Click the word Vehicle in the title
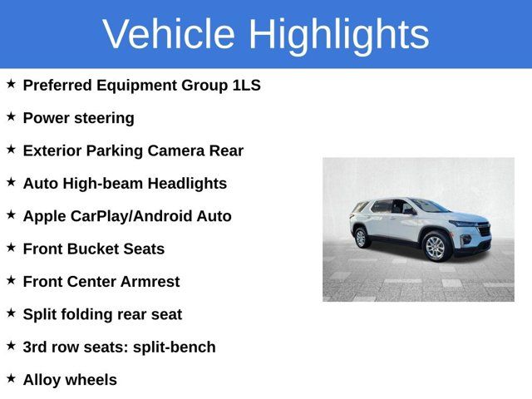[x=169, y=34]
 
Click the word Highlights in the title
[x=338, y=34]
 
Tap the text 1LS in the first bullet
[x=246, y=86]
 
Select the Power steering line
[x=78, y=118]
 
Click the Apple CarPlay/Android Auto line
[x=127, y=216]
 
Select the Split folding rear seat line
[x=102, y=314]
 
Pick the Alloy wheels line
[x=70, y=380]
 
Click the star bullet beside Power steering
[x=11, y=116]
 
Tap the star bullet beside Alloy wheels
[x=11, y=378]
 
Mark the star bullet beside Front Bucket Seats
[x=11, y=247]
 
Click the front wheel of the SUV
[x=435, y=246]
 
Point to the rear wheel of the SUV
[x=362, y=238]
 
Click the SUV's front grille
[x=484, y=229]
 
